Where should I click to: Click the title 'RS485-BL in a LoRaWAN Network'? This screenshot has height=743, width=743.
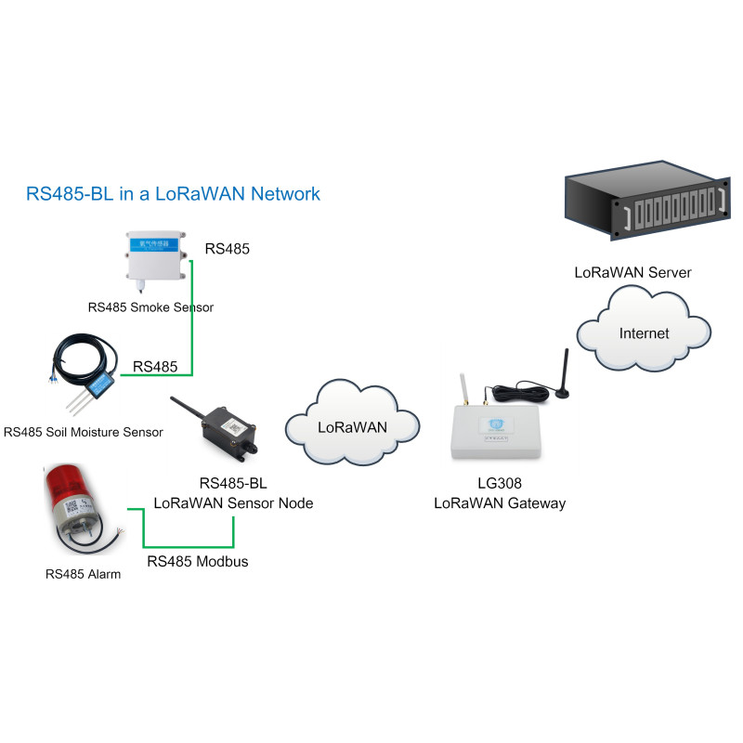174,194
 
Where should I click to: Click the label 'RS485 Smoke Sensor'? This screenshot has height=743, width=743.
150,307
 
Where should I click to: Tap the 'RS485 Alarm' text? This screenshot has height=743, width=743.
83,574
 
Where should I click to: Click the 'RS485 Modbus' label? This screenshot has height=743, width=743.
198,562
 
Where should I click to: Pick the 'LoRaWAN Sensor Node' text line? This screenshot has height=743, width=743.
233,503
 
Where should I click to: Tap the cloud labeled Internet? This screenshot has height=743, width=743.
644,332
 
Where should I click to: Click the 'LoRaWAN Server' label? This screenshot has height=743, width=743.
632,272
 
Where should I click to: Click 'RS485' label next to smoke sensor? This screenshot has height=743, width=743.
228,249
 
